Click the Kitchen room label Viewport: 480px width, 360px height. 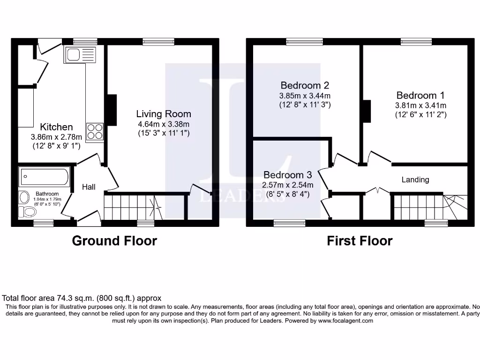pyautogui.click(x=56, y=127)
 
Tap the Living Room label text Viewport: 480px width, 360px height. pyautogui.click(x=164, y=114)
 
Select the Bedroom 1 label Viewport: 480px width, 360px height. pyautogui.click(x=420, y=95)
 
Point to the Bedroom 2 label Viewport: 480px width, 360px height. pyautogui.click(x=305, y=85)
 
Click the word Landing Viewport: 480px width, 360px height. pyautogui.click(x=415, y=180)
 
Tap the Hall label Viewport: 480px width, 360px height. pyautogui.click(x=89, y=187)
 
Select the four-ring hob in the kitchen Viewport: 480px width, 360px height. pyautogui.click(x=94, y=131)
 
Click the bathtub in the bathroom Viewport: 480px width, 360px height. pyautogui.click(x=45, y=177)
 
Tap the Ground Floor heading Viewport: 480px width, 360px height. pyautogui.click(x=114, y=241)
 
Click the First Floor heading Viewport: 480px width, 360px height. pyautogui.click(x=360, y=241)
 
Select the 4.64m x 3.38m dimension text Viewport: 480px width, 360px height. pyautogui.click(x=164, y=124)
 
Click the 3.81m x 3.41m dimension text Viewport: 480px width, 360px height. pyautogui.click(x=420, y=105)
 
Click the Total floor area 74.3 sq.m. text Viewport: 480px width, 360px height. pyautogui.click(x=82, y=298)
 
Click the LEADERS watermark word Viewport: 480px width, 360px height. pyautogui.click(x=242, y=197)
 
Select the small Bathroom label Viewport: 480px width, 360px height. pyautogui.click(x=47, y=194)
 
